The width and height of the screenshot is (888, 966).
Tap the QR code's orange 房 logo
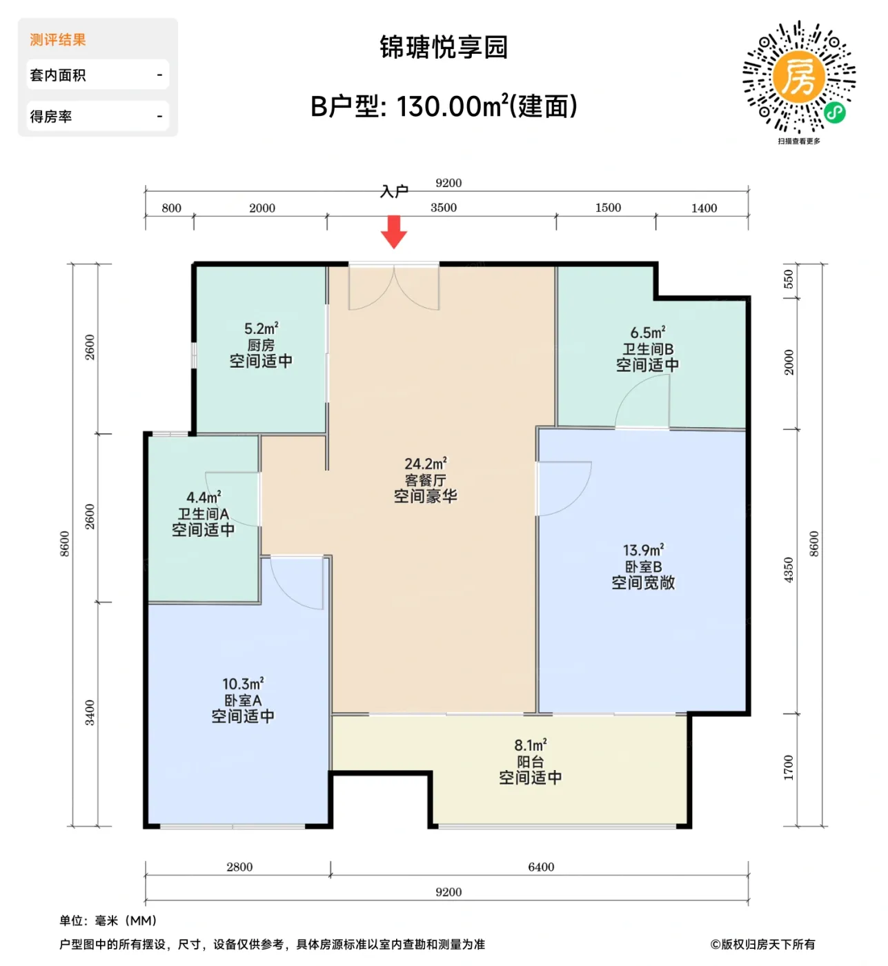(x=798, y=77)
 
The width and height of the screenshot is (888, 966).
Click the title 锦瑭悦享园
(x=444, y=48)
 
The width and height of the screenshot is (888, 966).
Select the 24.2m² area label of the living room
(x=425, y=464)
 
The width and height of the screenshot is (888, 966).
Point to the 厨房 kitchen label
(x=261, y=345)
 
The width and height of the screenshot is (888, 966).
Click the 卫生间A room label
(x=203, y=514)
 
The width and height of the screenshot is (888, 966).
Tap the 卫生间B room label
(x=647, y=349)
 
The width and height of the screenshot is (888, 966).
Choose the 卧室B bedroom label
(x=643, y=566)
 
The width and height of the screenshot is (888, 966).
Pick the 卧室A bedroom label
(x=242, y=700)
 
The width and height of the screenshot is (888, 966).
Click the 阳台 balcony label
(x=530, y=762)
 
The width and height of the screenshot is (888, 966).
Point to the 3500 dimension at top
(x=444, y=208)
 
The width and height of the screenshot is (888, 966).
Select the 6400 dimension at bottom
(x=541, y=867)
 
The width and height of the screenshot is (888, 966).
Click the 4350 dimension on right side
(x=789, y=570)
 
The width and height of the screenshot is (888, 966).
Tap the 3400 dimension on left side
(x=90, y=712)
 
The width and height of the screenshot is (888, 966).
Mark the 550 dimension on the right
(x=789, y=279)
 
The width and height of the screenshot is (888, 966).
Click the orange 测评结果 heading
(x=58, y=40)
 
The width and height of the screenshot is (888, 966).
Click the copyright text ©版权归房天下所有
(x=762, y=944)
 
